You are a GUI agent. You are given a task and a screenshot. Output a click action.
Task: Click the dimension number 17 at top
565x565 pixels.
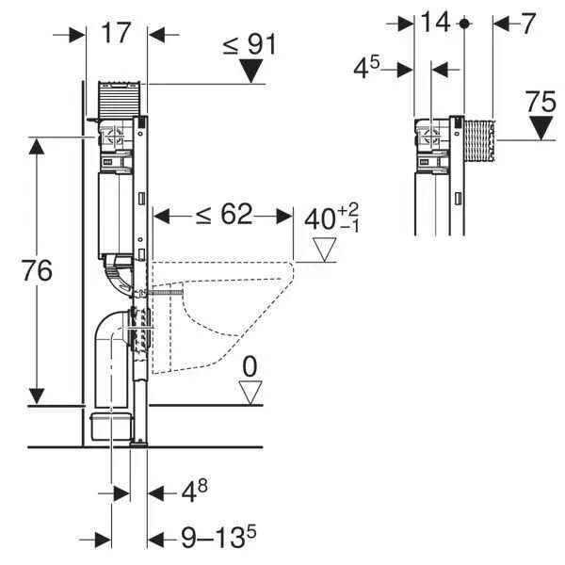tap(115, 33)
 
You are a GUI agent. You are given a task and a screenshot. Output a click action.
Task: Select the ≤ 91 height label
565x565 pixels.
tap(251, 43)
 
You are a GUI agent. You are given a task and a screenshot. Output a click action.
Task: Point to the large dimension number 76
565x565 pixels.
tap(37, 269)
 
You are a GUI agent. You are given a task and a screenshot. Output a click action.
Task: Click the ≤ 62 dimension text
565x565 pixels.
tap(224, 216)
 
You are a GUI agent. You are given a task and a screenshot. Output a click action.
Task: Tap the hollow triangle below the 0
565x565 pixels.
tap(250, 391)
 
